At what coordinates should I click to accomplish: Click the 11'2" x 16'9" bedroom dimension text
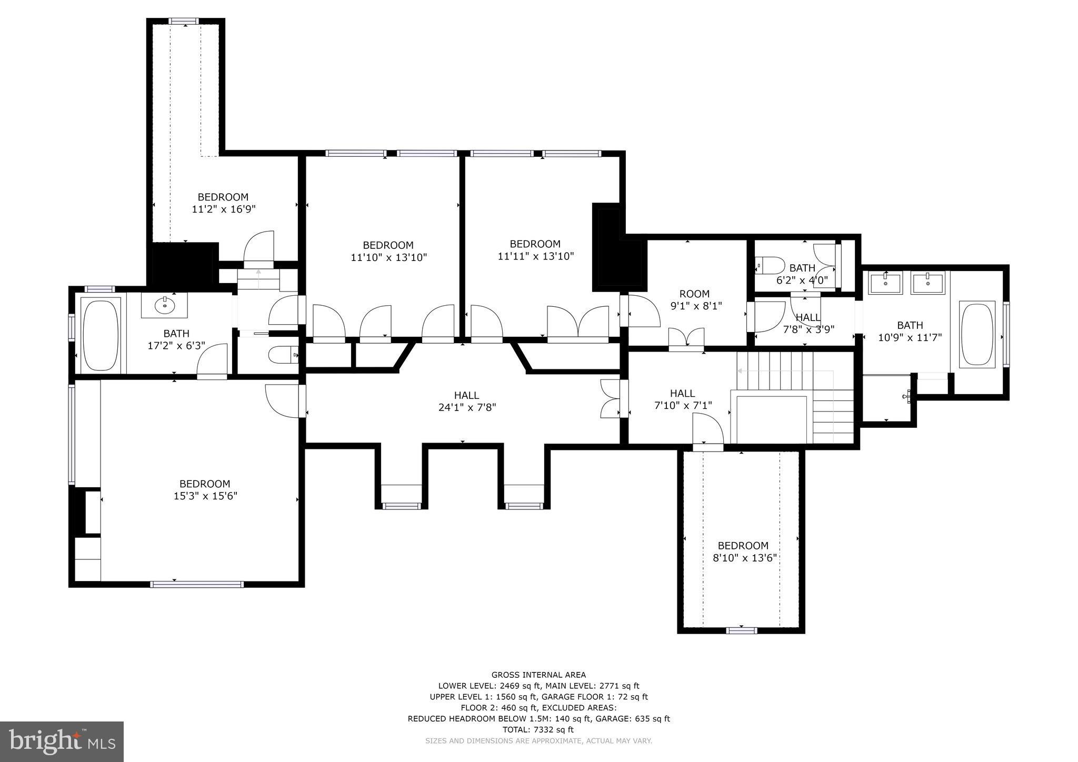pyautogui.click(x=224, y=209)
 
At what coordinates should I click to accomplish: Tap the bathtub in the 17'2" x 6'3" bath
pyautogui.click(x=101, y=335)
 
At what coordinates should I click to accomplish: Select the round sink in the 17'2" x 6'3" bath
pyautogui.click(x=165, y=304)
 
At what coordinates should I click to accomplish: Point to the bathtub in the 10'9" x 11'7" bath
pyautogui.click(x=977, y=334)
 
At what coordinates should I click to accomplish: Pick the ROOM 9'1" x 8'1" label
pyautogui.click(x=694, y=299)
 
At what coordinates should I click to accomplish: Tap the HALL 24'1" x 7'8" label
pyautogui.click(x=466, y=401)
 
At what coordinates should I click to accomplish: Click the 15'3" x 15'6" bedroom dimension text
pyautogui.click(x=205, y=496)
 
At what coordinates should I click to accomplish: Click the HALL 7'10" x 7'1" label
pyautogui.click(x=683, y=399)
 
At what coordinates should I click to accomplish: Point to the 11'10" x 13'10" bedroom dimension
pyautogui.click(x=388, y=257)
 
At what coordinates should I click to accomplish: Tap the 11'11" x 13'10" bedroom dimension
pyautogui.click(x=535, y=256)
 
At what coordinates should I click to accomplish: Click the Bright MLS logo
pyautogui.click(x=62, y=741)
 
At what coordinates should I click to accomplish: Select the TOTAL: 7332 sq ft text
pyautogui.click(x=538, y=729)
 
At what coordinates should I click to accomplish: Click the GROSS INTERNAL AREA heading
pyautogui.click(x=538, y=675)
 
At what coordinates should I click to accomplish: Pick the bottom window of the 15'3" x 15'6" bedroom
pyautogui.click(x=197, y=584)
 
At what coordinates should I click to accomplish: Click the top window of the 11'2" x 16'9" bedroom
pyautogui.click(x=184, y=21)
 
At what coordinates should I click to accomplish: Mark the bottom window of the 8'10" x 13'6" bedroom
pyautogui.click(x=742, y=630)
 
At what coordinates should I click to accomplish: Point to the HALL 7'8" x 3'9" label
pyautogui.click(x=808, y=323)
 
